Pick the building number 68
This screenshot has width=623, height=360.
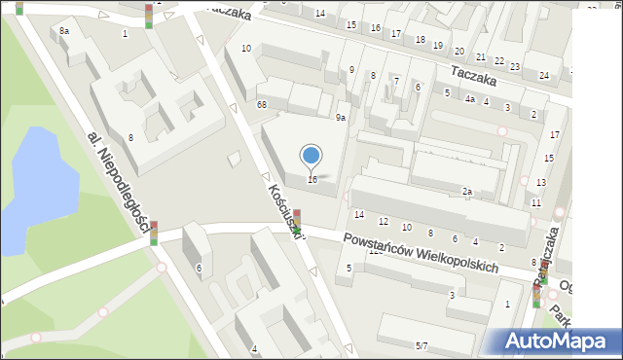(262, 104)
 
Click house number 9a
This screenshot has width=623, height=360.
(341, 118)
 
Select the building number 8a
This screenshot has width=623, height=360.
(64, 32)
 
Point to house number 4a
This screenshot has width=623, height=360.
(469, 99)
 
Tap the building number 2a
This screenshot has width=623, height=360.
(467, 192)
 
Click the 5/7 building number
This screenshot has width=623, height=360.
(421, 345)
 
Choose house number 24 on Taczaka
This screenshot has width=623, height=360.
(544, 75)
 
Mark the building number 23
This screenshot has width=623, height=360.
(514, 66)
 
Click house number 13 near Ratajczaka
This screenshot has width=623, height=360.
(541, 183)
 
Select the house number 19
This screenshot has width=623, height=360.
(438, 45)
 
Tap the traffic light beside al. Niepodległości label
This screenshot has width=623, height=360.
(154, 233)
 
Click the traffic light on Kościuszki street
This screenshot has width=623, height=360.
(298, 221)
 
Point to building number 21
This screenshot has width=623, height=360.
(480, 57)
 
